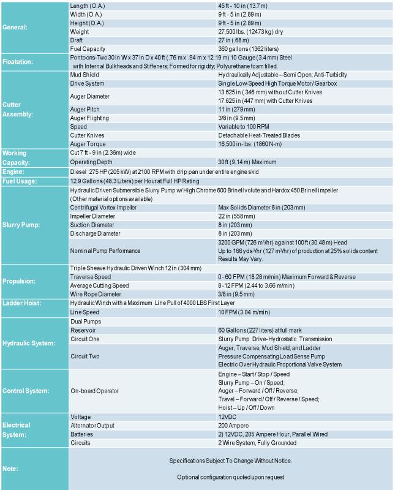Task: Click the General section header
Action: tap(15, 27)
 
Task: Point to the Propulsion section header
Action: tap(21, 281)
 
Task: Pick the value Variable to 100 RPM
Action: tap(244, 126)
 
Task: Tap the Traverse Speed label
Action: tap(91, 277)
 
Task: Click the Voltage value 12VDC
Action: tap(228, 416)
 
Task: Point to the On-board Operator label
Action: tap(95, 390)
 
